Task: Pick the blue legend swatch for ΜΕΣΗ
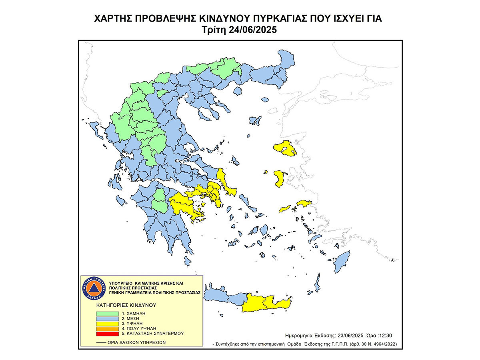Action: coord(107,318)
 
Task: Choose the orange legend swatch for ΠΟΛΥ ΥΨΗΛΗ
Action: coord(107,328)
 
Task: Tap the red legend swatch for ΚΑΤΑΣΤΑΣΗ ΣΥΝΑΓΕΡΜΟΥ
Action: coord(107,333)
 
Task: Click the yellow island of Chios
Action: coord(280,178)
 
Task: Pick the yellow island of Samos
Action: coord(305,204)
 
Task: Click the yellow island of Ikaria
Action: coord(284,208)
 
